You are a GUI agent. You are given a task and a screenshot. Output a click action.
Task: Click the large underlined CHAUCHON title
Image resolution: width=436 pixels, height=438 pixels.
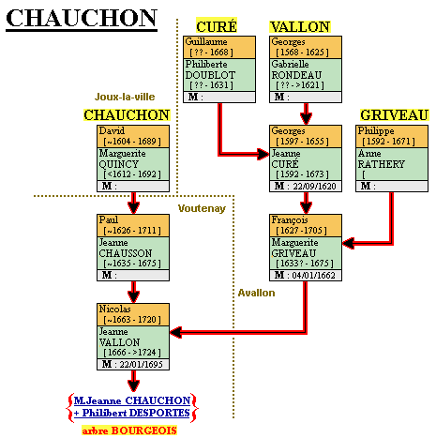(x=82, y=19)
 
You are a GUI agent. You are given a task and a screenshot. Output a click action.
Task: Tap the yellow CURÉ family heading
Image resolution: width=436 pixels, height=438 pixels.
(x=217, y=26)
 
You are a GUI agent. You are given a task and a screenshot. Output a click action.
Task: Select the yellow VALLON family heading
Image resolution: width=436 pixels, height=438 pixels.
(x=300, y=26)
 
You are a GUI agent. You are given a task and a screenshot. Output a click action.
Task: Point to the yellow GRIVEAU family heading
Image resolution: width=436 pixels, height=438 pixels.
(x=394, y=114)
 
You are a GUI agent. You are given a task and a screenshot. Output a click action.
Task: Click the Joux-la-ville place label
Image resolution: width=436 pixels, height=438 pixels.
(x=125, y=97)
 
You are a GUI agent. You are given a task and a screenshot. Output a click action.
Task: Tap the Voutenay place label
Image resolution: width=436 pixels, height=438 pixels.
(x=202, y=208)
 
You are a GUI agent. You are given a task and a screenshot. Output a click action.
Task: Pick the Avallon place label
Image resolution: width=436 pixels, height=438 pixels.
(x=256, y=293)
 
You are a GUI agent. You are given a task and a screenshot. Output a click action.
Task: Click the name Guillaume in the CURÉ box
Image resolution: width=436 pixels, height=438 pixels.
(x=206, y=41)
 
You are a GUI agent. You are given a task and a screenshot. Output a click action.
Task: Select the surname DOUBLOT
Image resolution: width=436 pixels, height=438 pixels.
(x=210, y=75)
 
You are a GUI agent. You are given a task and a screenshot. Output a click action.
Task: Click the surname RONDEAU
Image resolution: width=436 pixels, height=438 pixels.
(x=296, y=75)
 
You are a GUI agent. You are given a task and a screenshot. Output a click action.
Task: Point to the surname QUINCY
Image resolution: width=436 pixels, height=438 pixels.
(x=118, y=164)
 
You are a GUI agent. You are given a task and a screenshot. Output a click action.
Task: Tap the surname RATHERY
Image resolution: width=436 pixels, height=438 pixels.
(x=382, y=164)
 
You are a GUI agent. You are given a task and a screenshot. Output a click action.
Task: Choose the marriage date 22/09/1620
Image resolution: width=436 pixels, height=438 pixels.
(x=314, y=186)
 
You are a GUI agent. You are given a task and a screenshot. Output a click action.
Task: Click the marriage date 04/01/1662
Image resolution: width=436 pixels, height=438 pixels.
(x=314, y=275)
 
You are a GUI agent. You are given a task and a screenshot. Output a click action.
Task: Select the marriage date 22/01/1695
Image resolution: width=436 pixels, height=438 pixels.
(x=142, y=364)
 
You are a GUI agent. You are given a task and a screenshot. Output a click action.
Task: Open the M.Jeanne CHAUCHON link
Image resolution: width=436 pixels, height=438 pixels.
(x=132, y=400)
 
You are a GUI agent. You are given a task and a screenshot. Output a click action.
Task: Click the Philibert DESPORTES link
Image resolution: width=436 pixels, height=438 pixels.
(x=132, y=413)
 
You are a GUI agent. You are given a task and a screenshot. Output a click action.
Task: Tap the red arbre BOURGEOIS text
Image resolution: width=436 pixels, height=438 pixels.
(x=129, y=430)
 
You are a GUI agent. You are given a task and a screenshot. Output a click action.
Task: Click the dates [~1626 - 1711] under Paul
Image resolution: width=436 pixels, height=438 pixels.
(x=132, y=231)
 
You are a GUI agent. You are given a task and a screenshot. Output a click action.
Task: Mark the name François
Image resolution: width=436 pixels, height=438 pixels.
(x=290, y=220)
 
